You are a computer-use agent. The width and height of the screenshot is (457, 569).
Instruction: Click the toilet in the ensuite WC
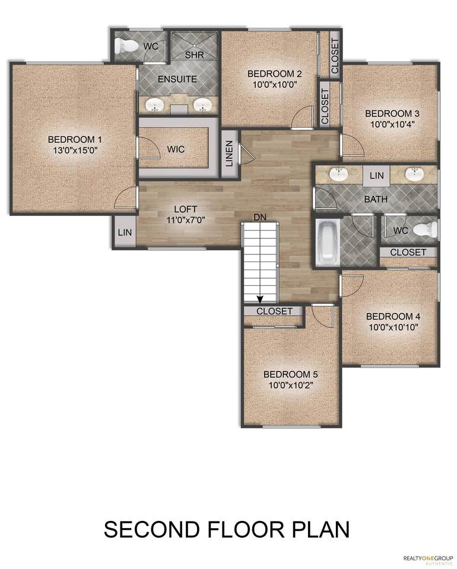pos(125,46)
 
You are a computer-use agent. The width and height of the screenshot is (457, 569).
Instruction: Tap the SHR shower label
pos(194,55)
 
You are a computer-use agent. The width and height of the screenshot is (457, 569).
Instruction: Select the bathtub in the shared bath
pos(326,242)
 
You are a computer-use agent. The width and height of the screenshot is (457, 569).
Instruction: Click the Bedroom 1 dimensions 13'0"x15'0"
pos(75,150)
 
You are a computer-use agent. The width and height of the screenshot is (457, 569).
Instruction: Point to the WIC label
pos(176,149)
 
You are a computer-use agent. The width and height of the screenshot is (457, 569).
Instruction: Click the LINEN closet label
pos(229,154)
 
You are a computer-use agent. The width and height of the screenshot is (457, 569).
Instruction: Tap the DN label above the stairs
pos(260,218)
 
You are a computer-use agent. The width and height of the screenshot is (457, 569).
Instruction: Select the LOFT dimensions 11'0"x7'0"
pos(186,220)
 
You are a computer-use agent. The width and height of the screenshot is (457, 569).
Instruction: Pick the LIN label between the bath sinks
pos(377,175)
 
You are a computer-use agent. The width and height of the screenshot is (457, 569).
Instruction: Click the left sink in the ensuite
pos(155,106)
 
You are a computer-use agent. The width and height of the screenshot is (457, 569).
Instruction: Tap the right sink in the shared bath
pos(414,174)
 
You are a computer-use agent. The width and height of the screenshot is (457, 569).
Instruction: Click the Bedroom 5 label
pos(290,374)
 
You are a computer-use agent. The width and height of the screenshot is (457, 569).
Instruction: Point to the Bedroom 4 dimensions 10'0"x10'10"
pos(393,327)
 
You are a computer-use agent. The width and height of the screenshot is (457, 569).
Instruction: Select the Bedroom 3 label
pos(392,114)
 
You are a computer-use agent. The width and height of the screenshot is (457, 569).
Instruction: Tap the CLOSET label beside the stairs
pos(274,311)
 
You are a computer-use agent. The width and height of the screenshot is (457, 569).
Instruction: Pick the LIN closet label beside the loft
pos(125,232)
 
